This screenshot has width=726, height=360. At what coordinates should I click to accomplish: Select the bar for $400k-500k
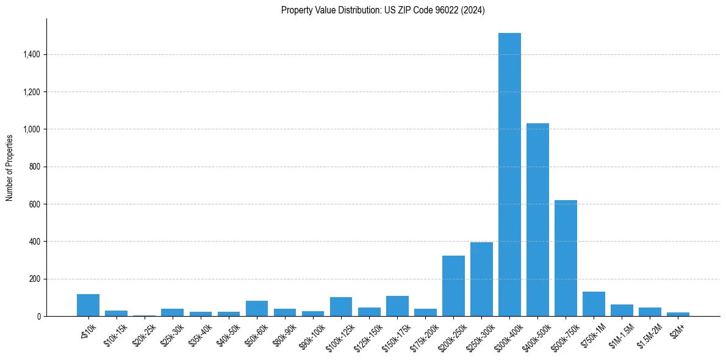pyautogui.click(x=537, y=220)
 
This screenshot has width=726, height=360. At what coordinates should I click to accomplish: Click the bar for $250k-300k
pyautogui.click(x=481, y=279)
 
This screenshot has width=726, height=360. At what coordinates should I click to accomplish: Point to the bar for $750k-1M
pyautogui.click(x=594, y=304)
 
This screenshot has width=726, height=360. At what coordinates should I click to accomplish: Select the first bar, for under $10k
pyautogui.click(x=88, y=305)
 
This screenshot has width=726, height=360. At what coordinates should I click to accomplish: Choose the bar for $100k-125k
pyautogui.click(x=341, y=307)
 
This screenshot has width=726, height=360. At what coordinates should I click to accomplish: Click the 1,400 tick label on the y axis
pyautogui.click(x=31, y=55)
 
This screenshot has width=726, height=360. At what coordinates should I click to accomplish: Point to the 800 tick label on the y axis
pyautogui.click(x=34, y=167)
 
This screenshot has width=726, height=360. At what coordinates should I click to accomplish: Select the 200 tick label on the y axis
pyautogui.click(x=34, y=279)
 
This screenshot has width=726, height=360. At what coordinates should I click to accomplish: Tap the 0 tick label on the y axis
pyautogui.click(x=38, y=317)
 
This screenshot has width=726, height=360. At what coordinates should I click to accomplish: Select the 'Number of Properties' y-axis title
pyautogui.click(x=9, y=168)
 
